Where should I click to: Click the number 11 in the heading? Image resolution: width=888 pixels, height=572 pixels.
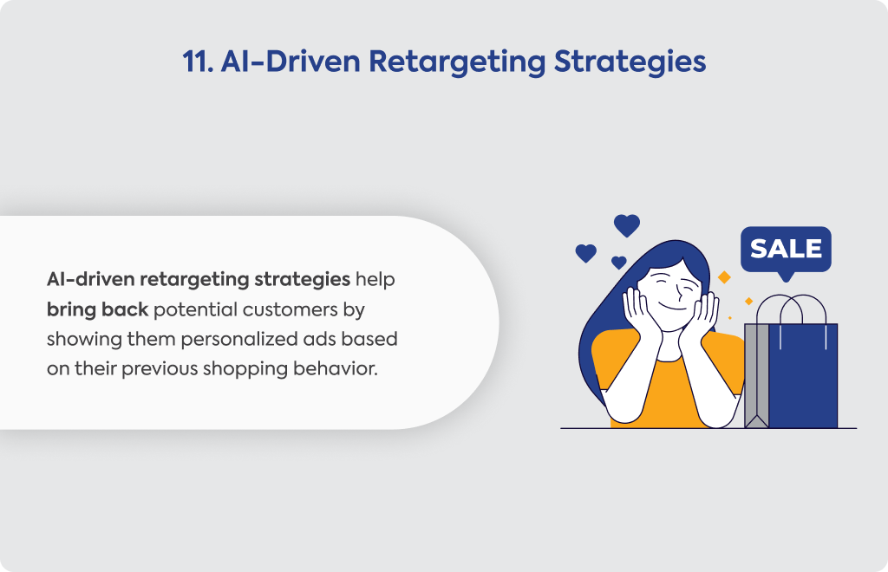pos(198,62)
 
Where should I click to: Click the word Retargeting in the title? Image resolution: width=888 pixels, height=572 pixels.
pos(457,62)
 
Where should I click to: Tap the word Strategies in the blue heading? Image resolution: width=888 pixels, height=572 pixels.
pos(630,62)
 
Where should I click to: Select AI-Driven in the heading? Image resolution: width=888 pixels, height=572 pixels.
pos(291,62)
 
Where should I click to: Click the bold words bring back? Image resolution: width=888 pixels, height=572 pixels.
pos(97,309)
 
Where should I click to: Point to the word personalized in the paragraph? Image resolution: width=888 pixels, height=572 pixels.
pos(239,340)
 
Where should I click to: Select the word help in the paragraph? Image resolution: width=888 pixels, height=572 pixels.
pos(375,280)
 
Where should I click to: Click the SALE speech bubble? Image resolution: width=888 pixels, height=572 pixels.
pos(786,251)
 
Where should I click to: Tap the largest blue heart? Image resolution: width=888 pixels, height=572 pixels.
pos(627,225)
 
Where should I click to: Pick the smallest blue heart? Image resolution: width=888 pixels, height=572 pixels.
pos(619,262)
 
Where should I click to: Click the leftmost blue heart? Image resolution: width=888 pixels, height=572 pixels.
pos(585,253)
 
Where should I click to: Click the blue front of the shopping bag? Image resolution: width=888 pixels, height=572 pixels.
pos(802,376)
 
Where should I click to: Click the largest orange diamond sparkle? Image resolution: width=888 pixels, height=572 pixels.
pos(724,277)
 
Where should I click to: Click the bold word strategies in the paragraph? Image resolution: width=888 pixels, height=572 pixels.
pos(302,280)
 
